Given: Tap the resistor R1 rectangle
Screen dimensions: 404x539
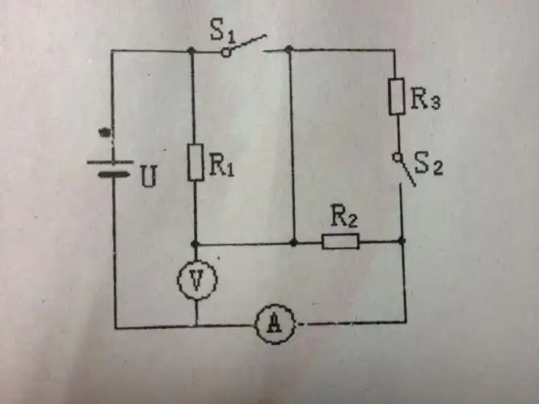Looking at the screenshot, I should click(x=195, y=162).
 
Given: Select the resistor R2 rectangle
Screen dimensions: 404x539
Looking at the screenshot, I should click(x=340, y=241).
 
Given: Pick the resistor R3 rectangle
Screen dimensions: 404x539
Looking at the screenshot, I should click(x=396, y=97).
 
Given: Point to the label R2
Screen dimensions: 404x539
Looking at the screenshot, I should click(x=343, y=217).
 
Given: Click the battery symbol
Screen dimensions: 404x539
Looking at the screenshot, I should click(x=111, y=166).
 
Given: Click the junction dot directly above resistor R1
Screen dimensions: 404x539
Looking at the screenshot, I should click(x=192, y=51).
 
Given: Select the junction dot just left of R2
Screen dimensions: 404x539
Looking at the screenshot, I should click(x=293, y=242).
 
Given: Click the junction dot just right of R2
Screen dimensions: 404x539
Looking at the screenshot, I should click(x=402, y=241).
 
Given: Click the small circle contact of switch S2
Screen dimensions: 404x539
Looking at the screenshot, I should click(x=397, y=155).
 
